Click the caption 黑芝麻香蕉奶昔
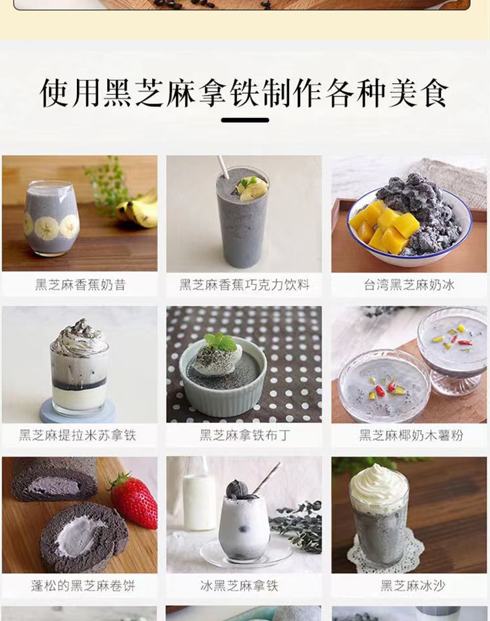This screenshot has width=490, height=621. pyautogui.click(x=80, y=285)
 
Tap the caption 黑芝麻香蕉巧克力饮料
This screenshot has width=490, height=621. pyautogui.click(x=244, y=285)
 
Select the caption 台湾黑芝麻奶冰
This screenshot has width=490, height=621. pyautogui.click(x=409, y=285)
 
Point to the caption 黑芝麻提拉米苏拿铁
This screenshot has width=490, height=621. pyautogui.click(x=78, y=435)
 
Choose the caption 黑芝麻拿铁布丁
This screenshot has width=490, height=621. pyautogui.click(x=244, y=435)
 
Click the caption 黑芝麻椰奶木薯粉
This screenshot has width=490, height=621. pyautogui.click(x=411, y=435)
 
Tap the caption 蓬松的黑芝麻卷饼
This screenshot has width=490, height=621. pyautogui.click(x=83, y=586)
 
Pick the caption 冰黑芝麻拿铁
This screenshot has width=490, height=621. pyautogui.click(x=239, y=586)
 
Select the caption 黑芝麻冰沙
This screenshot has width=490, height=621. pyautogui.click(x=413, y=586)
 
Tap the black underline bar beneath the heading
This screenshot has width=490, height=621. pyautogui.click(x=245, y=120)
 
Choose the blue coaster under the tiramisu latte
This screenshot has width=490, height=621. pyautogui.click(x=78, y=411)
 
